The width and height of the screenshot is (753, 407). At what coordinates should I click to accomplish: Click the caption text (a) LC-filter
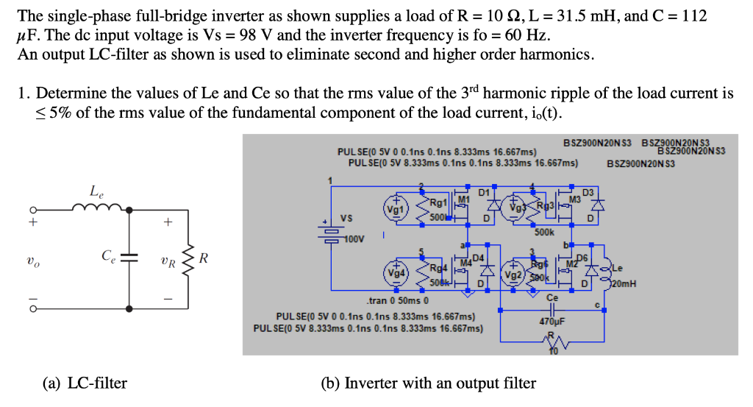coord(85,383)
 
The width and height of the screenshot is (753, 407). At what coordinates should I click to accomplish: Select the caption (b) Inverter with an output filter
coord(429,383)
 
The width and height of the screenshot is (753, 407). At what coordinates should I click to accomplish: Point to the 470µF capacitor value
coord(552,321)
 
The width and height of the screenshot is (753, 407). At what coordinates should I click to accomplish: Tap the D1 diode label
coord(483,192)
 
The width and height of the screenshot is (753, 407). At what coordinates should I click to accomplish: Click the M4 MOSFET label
coord(466,263)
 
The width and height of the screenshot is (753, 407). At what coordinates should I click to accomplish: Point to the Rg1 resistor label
coord(440,201)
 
